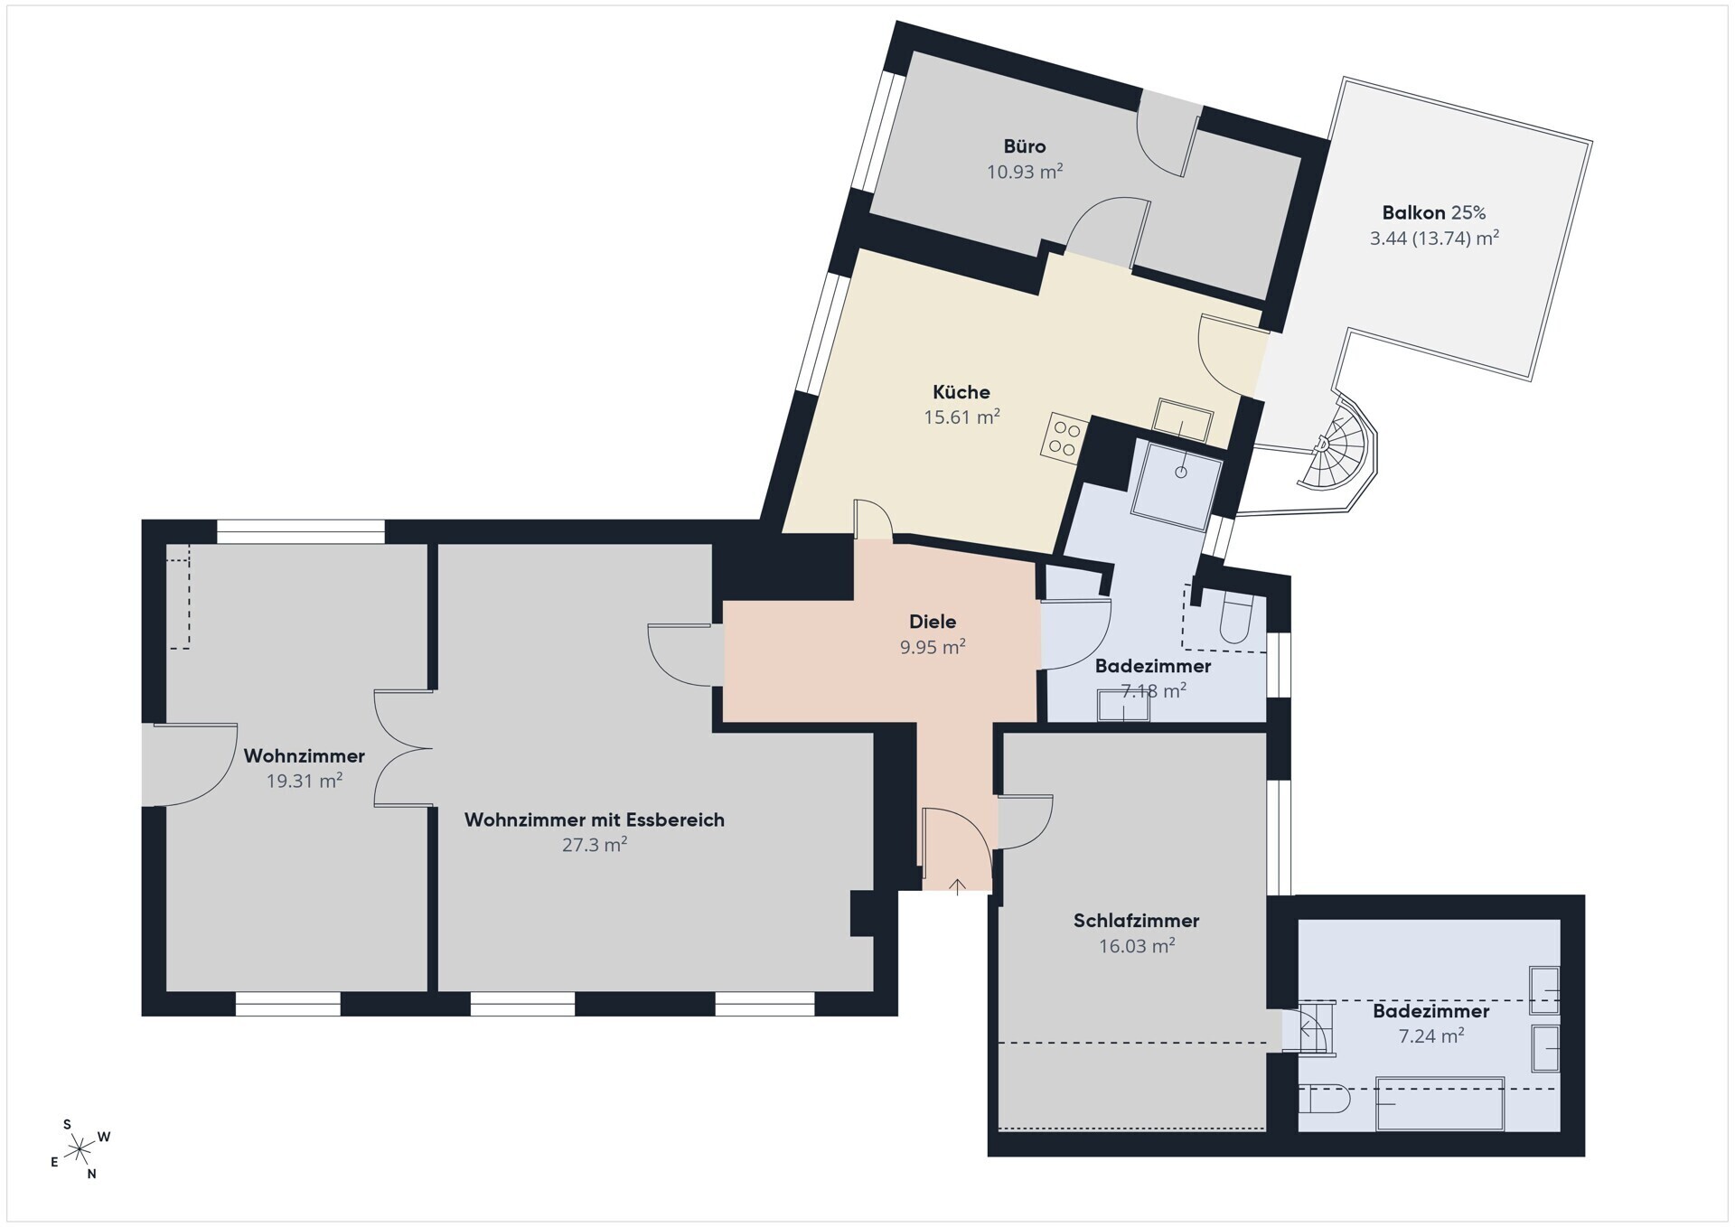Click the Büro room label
tap(1025, 146)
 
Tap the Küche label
tap(961, 392)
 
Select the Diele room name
tap(933, 622)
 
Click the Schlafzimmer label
tap(1137, 921)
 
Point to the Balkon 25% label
tap(1434, 213)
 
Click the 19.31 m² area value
tap(305, 781)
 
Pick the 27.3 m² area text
tap(595, 845)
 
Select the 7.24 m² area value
tap(1431, 1036)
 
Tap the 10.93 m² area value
tap(1025, 172)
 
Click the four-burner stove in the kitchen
tap(1064, 437)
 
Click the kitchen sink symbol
tap(1183, 419)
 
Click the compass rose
tap(80, 1149)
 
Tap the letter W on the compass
tap(104, 1137)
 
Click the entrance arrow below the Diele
tap(957, 885)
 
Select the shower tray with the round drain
tap(1176, 483)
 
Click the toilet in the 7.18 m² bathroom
tap(1235, 620)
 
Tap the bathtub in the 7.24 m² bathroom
tap(1440, 1103)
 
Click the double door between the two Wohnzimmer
tap(403, 748)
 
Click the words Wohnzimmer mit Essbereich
tap(595, 820)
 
